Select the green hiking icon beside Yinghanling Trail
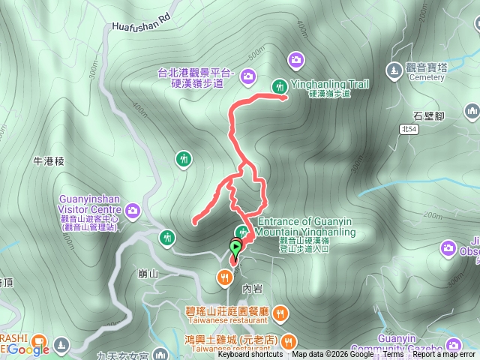click(279, 86)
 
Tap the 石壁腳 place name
click(429, 115)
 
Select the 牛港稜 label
click(50, 161)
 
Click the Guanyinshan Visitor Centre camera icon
click(133, 209)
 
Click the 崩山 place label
click(149, 274)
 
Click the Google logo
click(30, 349)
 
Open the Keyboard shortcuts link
click(251, 355)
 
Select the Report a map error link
click(444, 355)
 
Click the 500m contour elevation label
click(258, 53)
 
